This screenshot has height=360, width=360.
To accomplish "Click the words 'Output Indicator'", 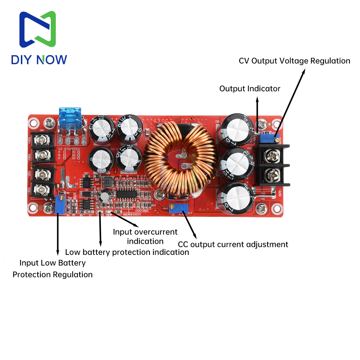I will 249,89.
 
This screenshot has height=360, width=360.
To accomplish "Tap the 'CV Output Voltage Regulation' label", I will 294,60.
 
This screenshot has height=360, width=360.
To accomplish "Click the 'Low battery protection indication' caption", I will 127,252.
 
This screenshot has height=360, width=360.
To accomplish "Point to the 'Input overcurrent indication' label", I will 145,236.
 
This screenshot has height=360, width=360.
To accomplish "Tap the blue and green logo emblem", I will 37,30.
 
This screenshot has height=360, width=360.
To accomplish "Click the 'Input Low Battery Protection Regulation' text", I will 53,269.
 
